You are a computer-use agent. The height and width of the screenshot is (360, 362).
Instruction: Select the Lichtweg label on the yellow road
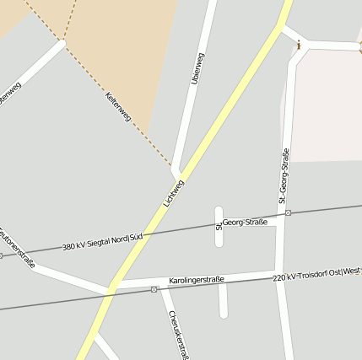[x=173, y=193]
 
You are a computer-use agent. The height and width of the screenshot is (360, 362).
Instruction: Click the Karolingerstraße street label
[x=196, y=279]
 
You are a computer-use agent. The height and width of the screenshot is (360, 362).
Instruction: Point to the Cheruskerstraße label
[x=176, y=334]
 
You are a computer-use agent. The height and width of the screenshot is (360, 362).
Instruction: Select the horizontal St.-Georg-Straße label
[x=242, y=222]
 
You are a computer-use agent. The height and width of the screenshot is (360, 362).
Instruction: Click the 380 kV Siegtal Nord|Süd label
[x=101, y=243]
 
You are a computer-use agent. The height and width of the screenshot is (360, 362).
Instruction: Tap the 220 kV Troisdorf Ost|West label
[x=316, y=274]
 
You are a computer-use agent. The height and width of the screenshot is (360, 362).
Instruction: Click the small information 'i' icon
[x=299, y=44]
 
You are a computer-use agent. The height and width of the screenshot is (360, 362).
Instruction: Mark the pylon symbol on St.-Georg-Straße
[x=288, y=213]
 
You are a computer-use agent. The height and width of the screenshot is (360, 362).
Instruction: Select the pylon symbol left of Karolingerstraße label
[x=154, y=289]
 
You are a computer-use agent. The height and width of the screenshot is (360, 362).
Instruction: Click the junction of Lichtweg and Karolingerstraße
[x=112, y=287]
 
